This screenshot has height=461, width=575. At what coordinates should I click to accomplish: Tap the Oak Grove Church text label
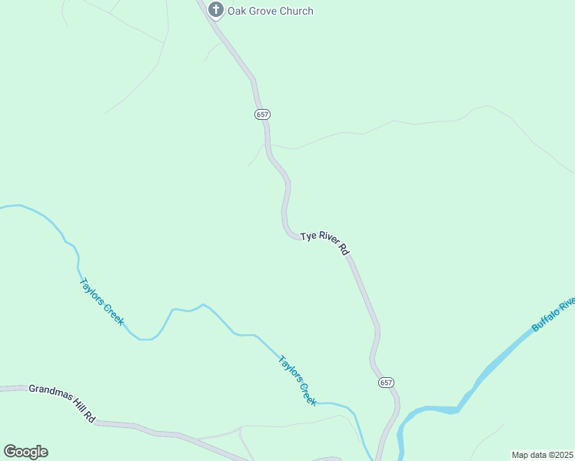(x=270, y=11)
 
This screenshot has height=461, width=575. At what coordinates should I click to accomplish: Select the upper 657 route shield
(x=262, y=114)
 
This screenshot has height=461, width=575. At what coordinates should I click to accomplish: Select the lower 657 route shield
(x=386, y=382)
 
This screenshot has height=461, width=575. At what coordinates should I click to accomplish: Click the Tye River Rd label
(x=325, y=242)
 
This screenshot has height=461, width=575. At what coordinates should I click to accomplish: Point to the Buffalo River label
(x=553, y=313)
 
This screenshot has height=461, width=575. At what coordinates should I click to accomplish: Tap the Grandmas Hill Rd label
(x=61, y=403)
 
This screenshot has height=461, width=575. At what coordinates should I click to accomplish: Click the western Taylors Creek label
(x=101, y=300)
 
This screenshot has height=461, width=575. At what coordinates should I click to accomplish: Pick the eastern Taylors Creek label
(x=297, y=380)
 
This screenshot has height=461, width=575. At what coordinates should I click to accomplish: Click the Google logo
(x=25, y=452)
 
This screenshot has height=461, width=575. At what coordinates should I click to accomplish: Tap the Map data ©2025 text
(x=542, y=455)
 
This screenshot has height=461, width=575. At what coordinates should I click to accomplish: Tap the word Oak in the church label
(x=236, y=11)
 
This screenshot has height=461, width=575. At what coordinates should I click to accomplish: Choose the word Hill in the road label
(x=78, y=409)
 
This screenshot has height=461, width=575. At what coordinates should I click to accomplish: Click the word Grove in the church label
(x=261, y=11)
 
